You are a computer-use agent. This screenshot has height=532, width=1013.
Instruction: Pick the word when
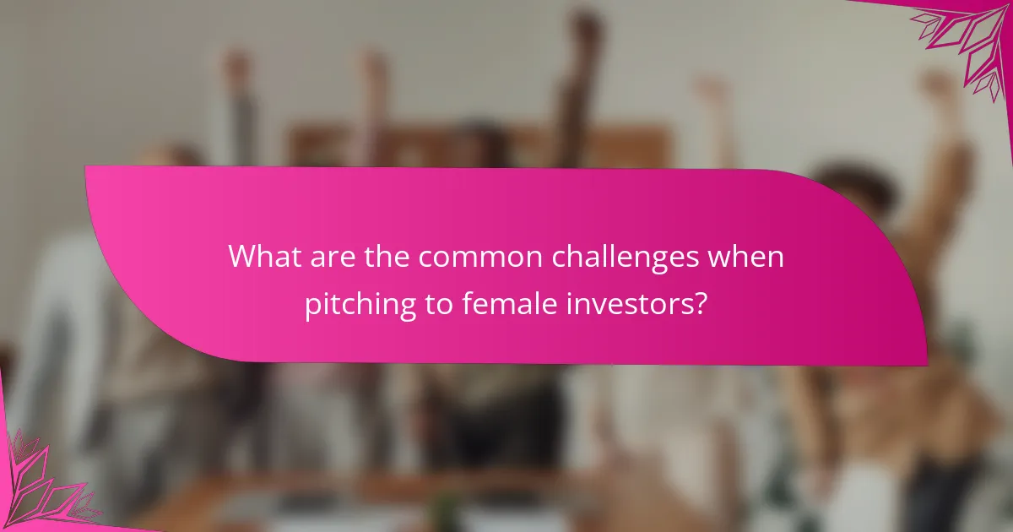pyautogui.click(x=746, y=257)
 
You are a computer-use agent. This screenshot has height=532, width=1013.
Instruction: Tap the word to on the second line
pyautogui.click(x=440, y=304)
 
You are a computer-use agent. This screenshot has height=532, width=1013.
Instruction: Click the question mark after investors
pyautogui.click(x=700, y=304)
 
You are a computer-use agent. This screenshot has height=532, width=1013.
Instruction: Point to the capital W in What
pyautogui.click(x=244, y=257)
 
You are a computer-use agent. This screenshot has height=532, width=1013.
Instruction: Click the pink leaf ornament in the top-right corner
pyautogui.click(x=962, y=42)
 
